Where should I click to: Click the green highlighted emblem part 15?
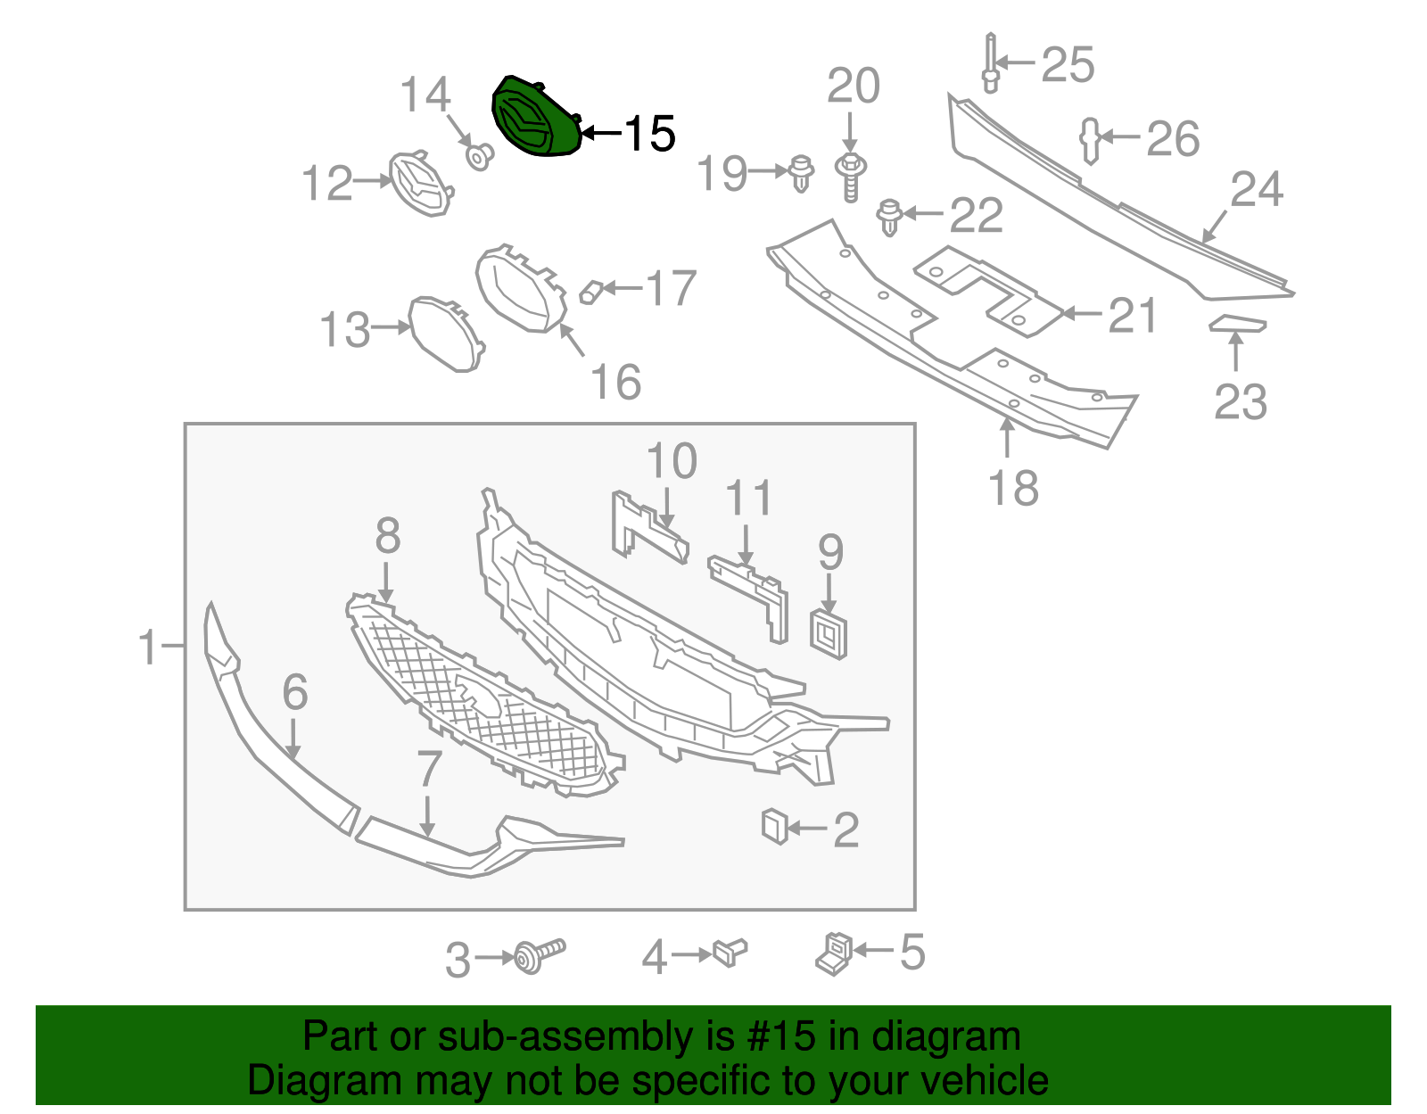pos(535,119)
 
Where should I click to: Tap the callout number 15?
pos(649,134)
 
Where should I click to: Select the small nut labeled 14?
pos(480,158)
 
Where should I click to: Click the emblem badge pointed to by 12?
pos(420,184)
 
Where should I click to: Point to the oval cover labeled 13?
pos(445,334)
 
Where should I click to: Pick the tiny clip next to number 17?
pos(590,292)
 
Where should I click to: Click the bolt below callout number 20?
pos(851,177)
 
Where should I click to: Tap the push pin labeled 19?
pos(803,172)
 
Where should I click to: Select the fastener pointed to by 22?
pos(889,217)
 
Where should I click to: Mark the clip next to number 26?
pos(1091,140)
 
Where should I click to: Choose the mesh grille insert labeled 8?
pos(482,696)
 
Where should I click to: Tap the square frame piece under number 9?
pos(829,634)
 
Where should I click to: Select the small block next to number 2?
pos(774,826)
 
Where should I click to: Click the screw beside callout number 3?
pos(540,955)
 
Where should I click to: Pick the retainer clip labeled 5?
pos(835,953)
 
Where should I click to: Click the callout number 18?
pos(1013,488)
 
